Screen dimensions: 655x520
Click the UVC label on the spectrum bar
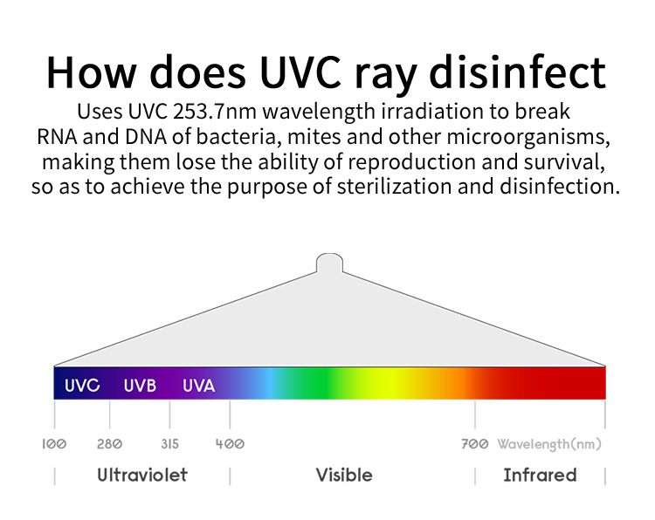(82, 385)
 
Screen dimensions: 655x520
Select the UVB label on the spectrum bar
(140, 385)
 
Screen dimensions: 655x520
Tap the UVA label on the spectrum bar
(199, 385)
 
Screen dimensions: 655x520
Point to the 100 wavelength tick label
(54, 443)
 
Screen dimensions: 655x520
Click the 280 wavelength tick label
(109, 443)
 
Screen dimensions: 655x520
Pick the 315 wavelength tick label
(170, 443)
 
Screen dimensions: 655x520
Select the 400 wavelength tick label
(230, 443)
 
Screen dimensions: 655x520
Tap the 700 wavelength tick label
(475, 443)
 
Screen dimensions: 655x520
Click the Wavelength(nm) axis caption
(549, 444)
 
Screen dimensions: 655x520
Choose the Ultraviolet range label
(142, 475)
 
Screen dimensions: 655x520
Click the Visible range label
(344, 475)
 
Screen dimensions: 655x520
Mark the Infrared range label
(540, 475)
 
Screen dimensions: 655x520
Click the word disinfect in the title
(518, 72)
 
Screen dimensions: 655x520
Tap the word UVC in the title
(300, 72)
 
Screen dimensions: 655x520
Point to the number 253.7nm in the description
(215, 112)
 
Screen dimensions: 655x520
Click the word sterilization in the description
(394, 187)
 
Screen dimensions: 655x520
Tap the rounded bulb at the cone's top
(329, 263)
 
